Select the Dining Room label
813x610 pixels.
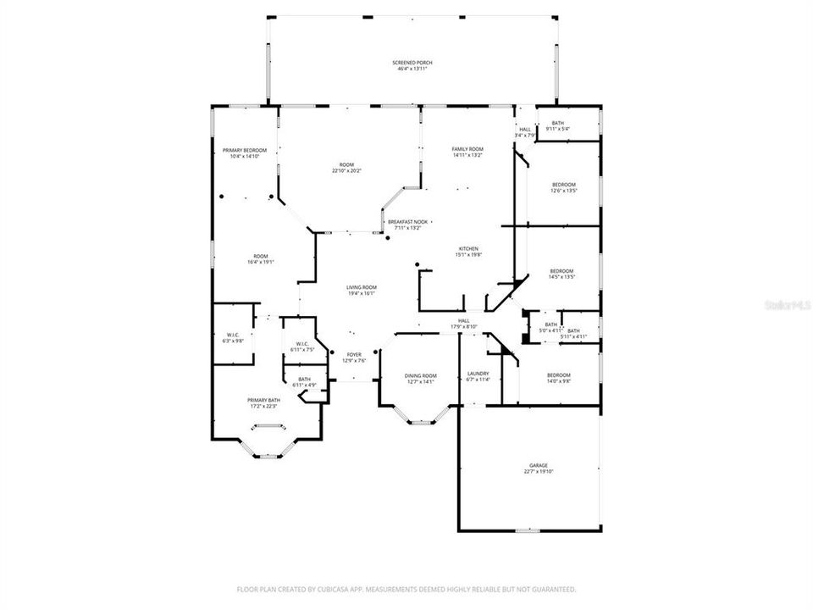pyautogui.click(x=420, y=378)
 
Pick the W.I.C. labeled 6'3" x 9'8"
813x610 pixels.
pyautogui.click(x=233, y=336)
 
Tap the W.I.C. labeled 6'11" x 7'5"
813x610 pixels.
pyautogui.click(x=302, y=346)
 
